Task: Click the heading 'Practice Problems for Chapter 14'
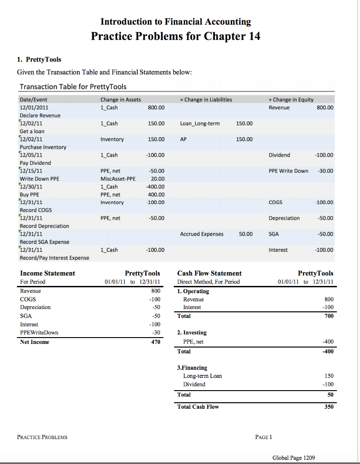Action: pyautogui.click(x=175, y=36)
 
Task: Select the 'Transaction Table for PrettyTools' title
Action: pyautogui.click(x=73, y=87)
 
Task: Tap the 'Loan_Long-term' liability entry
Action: pyautogui.click(x=199, y=123)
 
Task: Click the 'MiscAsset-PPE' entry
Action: pyautogui.click(x=118, y=179)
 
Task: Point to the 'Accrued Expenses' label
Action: pyautogui.click(x=201, y=234)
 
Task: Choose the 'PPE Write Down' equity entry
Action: pyautogui.click(x=288, y=171)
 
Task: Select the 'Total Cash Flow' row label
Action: pyautogui.click(x=198, y=407)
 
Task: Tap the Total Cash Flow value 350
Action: pyautogui.click(x=329, y=407)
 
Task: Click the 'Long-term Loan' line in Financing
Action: pyautogui.click(x=202, y=376)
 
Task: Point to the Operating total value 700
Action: pyautogui.click(x=329, y=316)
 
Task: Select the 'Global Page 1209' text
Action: pyautogui.click(x=293, y=458)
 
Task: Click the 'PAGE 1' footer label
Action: pyautogui.click(x=263, y=437)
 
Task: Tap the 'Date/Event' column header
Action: pyautogui.click(x=33, y=100)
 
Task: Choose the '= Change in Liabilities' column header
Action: pyautogui.click(x=206, y=100)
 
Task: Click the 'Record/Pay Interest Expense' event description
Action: pyautogui.click(x=54, y=258)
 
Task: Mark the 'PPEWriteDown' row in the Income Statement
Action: pyautogui.click(x=39, y=333)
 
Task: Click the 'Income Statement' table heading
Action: pyautogui.click(x=48, y=273)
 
